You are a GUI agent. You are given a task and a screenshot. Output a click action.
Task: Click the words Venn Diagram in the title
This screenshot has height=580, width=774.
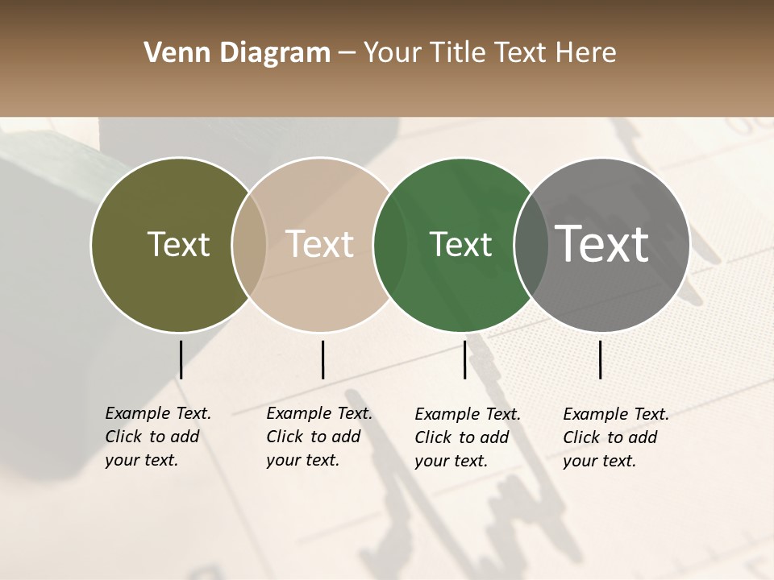coord(237,53)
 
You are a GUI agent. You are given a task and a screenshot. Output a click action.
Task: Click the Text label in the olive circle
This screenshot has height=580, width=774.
coord(178,244)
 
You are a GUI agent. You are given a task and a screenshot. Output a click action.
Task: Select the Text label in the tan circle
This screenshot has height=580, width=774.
coord(319,244)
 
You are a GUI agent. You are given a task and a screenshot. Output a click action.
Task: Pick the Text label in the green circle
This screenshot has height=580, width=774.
coord(460,244)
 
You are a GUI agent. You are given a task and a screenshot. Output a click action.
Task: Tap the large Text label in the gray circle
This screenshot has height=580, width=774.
coord(602,243)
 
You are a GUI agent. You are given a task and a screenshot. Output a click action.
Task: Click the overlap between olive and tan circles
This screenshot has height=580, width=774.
coord(249,245)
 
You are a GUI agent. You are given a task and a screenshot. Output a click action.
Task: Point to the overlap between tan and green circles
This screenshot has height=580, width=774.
coord(390,245)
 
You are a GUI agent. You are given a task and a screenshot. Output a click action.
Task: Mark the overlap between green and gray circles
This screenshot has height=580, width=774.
coord(531,245)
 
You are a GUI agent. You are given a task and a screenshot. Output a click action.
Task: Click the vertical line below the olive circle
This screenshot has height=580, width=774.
coord(181,359)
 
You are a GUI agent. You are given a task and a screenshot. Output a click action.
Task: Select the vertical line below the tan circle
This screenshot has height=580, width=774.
coord(322,359)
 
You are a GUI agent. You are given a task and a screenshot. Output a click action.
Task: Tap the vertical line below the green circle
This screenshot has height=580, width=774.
coord(464,359)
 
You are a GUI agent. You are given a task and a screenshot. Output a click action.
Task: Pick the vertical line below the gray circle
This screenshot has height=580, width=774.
coord(601,359)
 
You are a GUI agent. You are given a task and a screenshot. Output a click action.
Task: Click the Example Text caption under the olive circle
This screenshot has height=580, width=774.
coord(158,437)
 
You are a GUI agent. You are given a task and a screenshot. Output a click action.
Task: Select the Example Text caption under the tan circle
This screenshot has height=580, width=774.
coord(319,437)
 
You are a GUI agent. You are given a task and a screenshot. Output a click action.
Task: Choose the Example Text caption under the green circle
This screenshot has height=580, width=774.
coord(468,437)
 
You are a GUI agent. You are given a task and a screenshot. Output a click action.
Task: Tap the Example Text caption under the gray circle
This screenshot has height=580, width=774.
coord(616,437)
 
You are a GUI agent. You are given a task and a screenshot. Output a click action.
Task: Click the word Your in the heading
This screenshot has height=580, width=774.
coord(393,53)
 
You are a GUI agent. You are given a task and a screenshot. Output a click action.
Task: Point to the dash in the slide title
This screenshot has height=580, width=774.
coord(347,54)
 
